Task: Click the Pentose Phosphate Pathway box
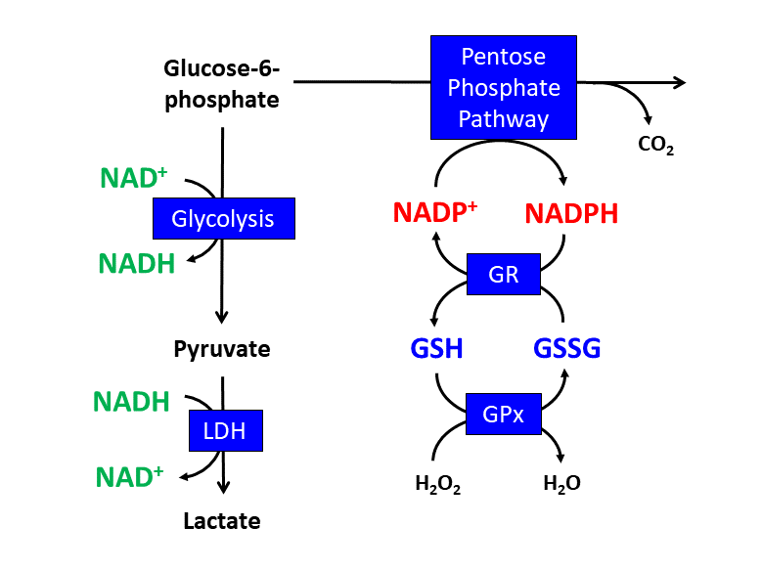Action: point(503,87)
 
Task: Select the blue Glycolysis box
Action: point(223,218)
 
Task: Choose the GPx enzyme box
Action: point(503,414)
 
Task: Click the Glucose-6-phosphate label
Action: point(221,84)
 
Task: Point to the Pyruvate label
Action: point(222,348)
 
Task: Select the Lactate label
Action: point(222,520)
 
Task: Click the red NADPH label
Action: point(571,213)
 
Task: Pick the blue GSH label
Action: point(436,348)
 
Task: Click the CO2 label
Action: point(655,146)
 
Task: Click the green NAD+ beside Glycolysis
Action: point(134,178)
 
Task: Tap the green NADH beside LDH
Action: point(131,401)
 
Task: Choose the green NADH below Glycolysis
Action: point(138,262)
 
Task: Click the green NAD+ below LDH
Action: point(129,477)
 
